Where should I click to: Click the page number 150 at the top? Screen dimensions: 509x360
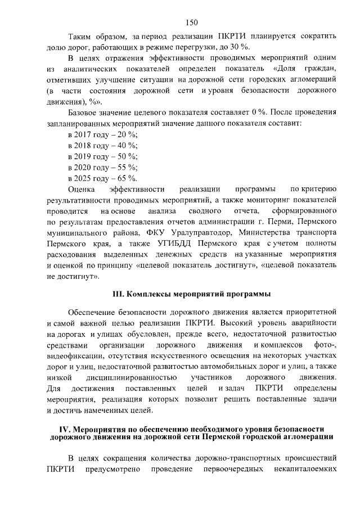(191, 22)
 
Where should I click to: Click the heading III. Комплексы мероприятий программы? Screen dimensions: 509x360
(191, 294)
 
